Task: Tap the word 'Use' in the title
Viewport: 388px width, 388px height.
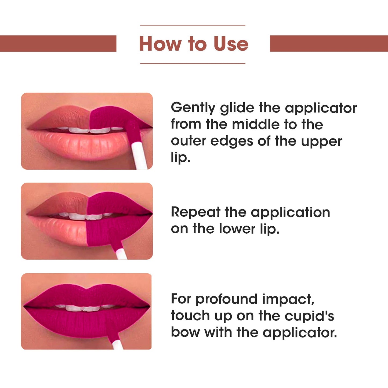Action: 231,44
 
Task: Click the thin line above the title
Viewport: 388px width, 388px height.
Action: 193,25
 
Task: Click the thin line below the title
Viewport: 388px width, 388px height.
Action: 193,64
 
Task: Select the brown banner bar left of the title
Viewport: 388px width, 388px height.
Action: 58,43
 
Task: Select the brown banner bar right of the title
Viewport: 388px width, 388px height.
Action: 329,43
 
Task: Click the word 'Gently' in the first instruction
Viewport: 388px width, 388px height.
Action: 193,108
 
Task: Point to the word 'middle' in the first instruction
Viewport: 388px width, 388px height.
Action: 256,124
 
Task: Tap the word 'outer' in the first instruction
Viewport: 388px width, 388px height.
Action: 188,141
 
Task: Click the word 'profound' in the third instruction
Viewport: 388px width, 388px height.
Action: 227,299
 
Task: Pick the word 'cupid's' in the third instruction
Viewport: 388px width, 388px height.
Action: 310,316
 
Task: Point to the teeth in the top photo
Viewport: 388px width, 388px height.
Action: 90,130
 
